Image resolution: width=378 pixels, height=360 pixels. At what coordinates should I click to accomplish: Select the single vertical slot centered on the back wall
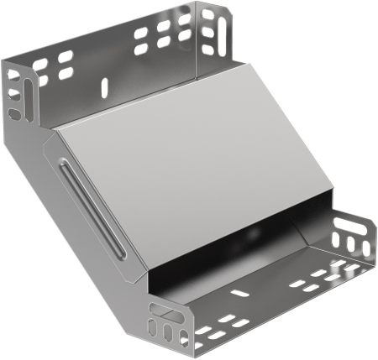click(x=105, y=86)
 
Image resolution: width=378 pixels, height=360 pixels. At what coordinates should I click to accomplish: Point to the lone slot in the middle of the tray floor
click(x=239, y=295)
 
